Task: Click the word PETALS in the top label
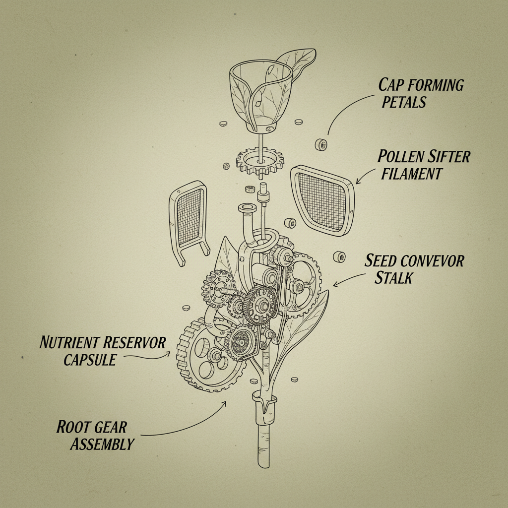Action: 404,102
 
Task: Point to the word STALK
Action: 393,277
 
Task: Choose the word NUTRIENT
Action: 69,342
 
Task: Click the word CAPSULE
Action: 89,359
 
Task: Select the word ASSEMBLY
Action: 102,444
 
